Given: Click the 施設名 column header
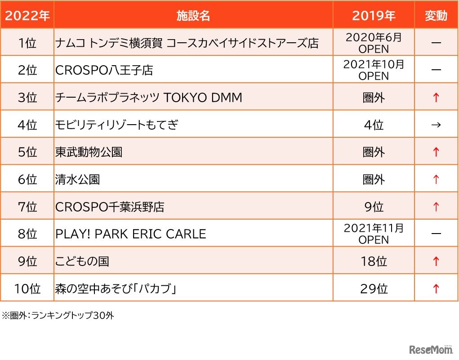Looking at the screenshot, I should (x=193, y=16).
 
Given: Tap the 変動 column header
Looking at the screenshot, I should (x=436, y=16).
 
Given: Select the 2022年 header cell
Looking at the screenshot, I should (x=27, y=16).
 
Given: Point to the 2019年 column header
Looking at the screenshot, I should (x=374, y=16).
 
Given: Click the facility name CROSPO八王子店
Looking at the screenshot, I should (x=104, y=70).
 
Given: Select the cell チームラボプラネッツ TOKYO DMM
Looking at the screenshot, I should (x=148, y=97).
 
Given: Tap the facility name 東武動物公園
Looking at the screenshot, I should (x=89, y=152).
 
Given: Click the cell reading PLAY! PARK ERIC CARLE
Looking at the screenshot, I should (x=130, y=234).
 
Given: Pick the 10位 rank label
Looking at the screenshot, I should (x=27, y=288).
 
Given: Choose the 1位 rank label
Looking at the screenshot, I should (x=27, y=43).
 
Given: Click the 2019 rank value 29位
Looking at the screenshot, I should (x=374, y=288).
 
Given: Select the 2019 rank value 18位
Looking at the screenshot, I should (x=374, y=261).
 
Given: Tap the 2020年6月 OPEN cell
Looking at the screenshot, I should (x=374, y=43).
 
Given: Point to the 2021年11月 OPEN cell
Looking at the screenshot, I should (x=374, y=234).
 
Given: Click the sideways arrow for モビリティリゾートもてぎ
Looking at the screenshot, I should (x=436, y=125).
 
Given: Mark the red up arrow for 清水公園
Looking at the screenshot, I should (x=436, y=180).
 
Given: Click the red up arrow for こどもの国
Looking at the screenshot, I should (x=436, y=261).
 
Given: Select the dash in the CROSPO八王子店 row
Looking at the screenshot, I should (x=436, y=70).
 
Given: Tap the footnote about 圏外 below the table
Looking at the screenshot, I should (x=58, y=315).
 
